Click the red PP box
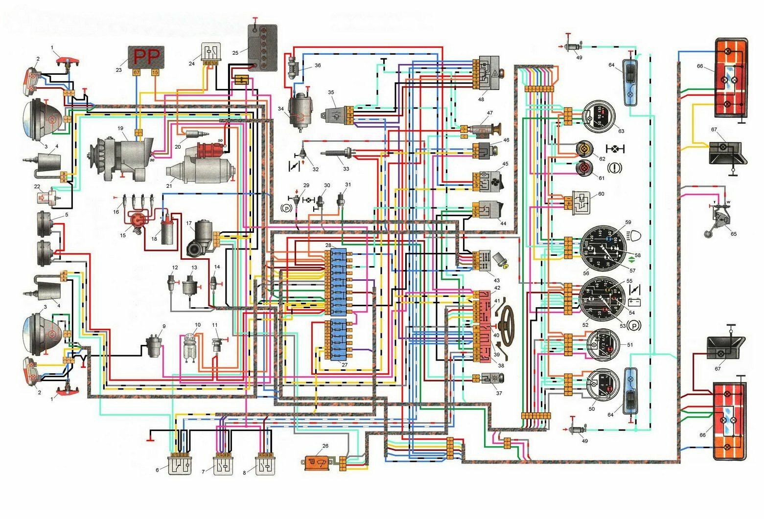pyautogui.click(x=146, y=57)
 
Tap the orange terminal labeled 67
pyautogui.click(x=137, y=72)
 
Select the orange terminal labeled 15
pyautogui.click(x=155, y=72)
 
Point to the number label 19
pyautogui.click(x=120, y=128)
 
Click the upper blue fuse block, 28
pyautogui.click(x=338, y=281)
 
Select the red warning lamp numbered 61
pyautogui.click(x=584, y=167)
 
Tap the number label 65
pyautogui.click(x=733, y=234)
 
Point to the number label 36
pyautogui.click(x=318, y=66)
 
